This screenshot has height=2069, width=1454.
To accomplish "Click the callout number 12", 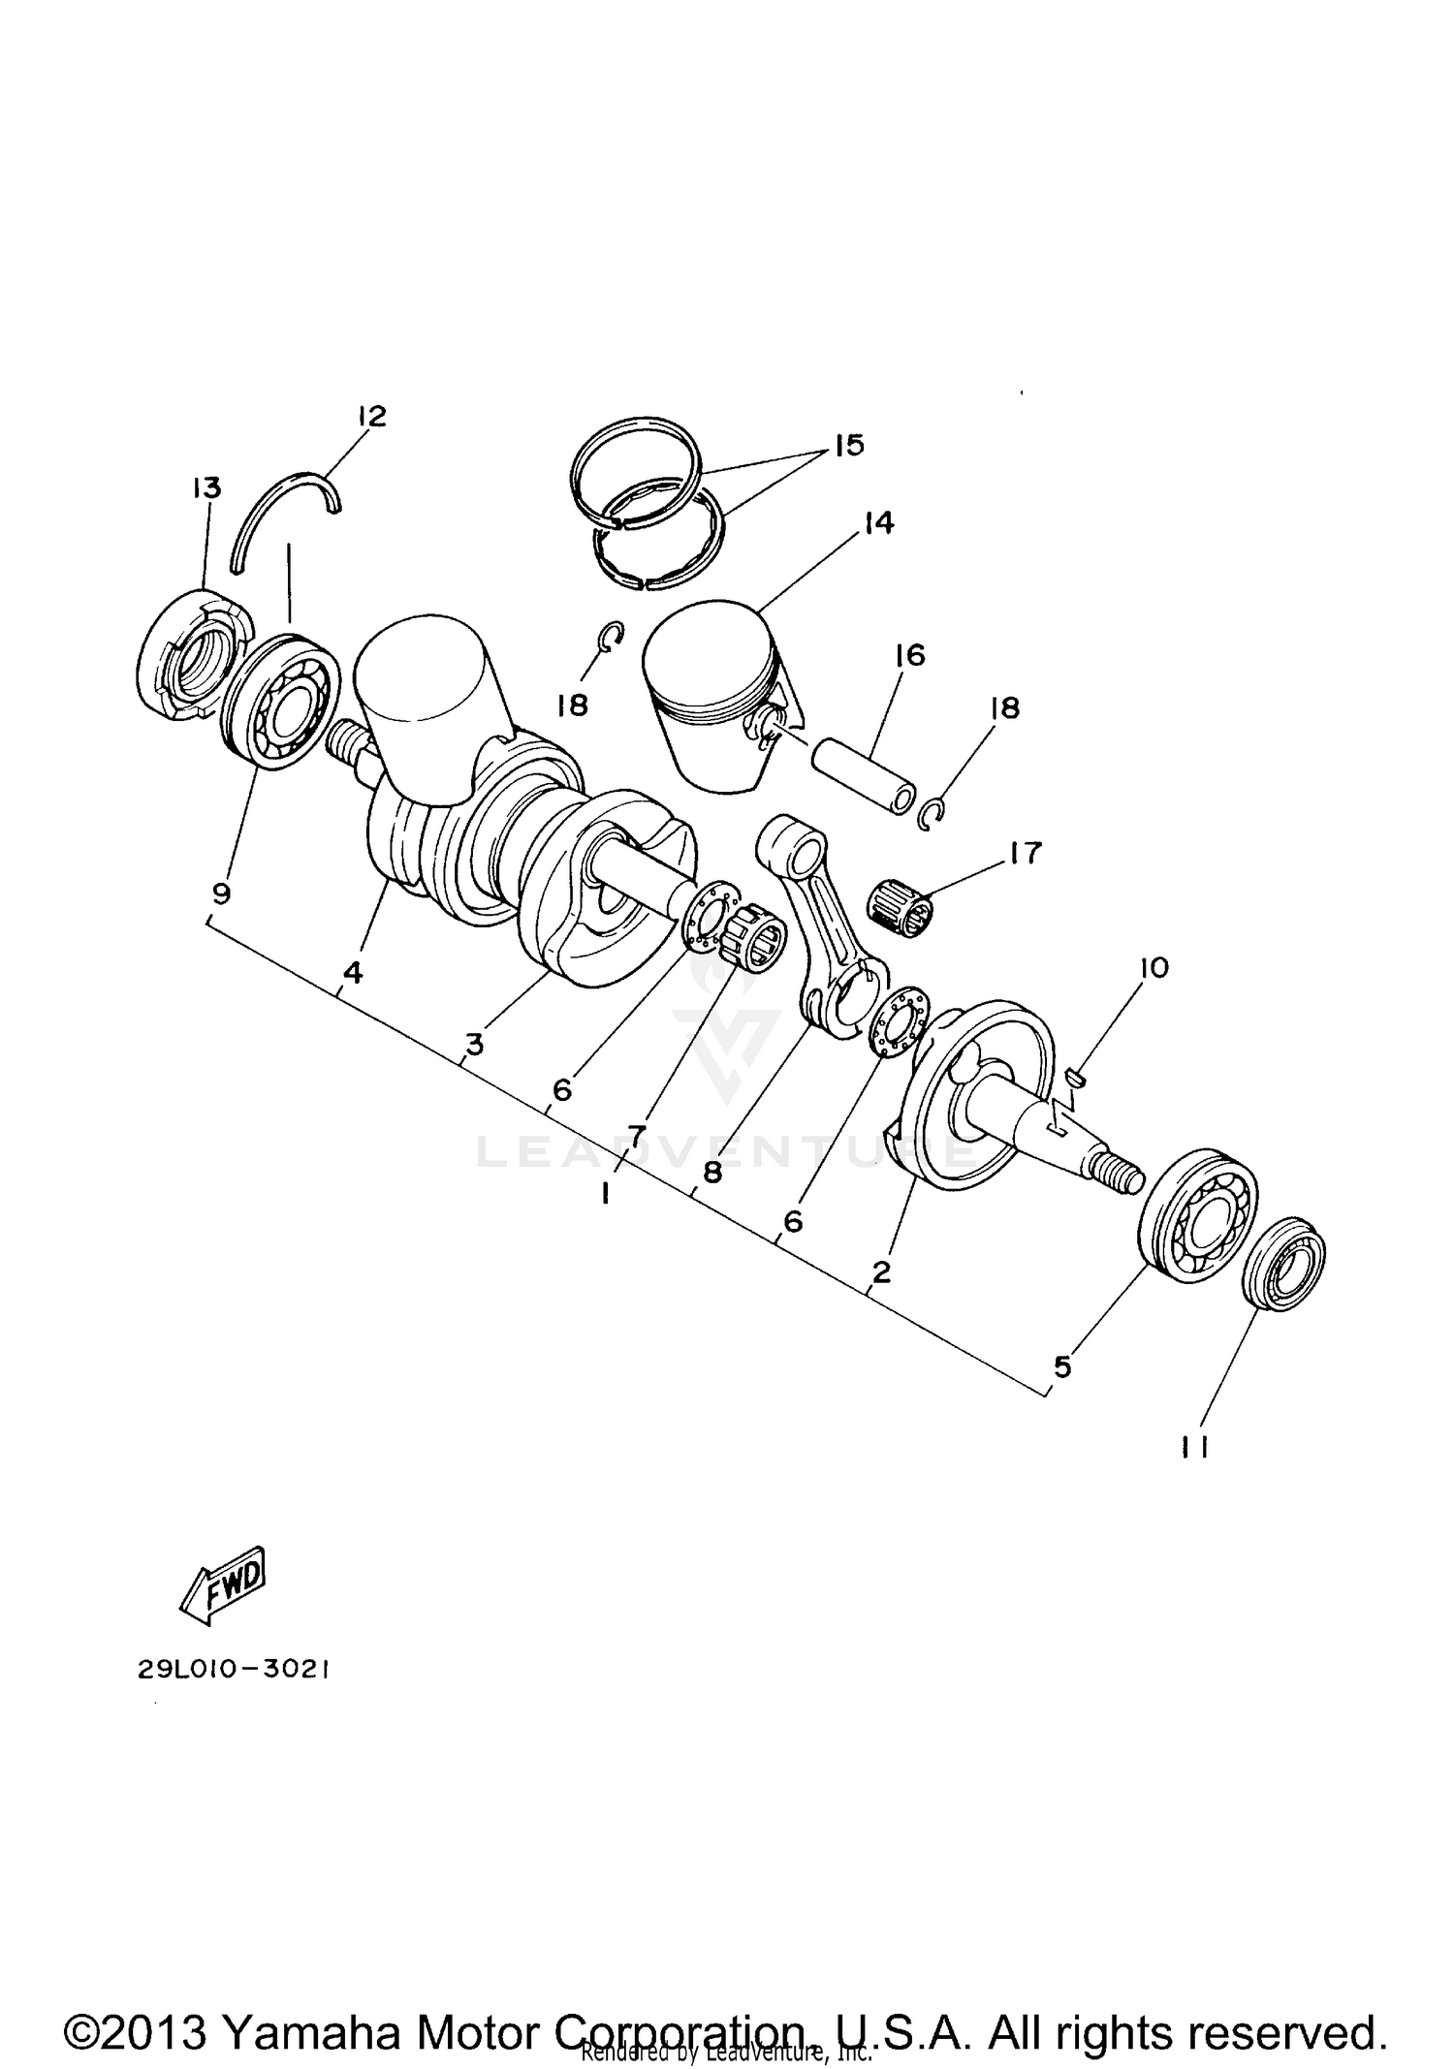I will [371, 417].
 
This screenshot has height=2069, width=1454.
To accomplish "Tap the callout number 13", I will [205, 487].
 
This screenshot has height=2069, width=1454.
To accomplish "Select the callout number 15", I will [847, 446].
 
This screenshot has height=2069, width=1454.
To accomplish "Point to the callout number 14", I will [877, 523].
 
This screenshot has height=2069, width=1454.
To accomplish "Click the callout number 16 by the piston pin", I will [909, 656].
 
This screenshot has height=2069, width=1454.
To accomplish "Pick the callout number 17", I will [1025, 853].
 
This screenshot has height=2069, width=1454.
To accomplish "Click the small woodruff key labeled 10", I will [1076, 1073].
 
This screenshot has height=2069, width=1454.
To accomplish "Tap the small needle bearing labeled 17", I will [902, 910].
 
